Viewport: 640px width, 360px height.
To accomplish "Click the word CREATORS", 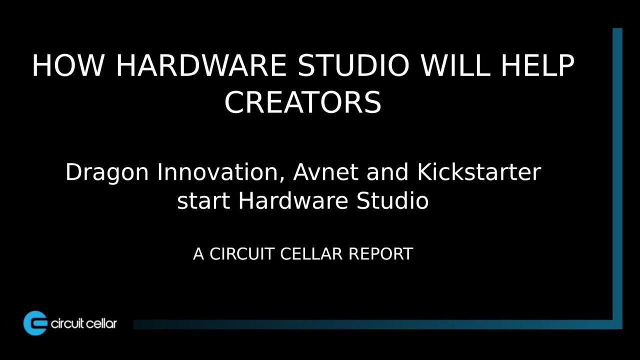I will (303, 102).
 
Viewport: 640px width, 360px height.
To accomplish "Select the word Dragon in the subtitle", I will (107, 173).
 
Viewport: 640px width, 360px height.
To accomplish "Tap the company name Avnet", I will (326, 173).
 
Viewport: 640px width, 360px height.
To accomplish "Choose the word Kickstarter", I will (478, 173).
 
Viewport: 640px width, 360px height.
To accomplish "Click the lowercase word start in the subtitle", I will (203, 201).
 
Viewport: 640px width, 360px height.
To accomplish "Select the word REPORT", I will (380, 254).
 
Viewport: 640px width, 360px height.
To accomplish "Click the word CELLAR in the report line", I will (311, 254).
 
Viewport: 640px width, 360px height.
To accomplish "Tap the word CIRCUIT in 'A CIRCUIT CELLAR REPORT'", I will (242, 254).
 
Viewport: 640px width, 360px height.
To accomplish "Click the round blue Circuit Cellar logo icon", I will (35, 323).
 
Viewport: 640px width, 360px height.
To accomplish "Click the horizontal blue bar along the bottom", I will (375, 324).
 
